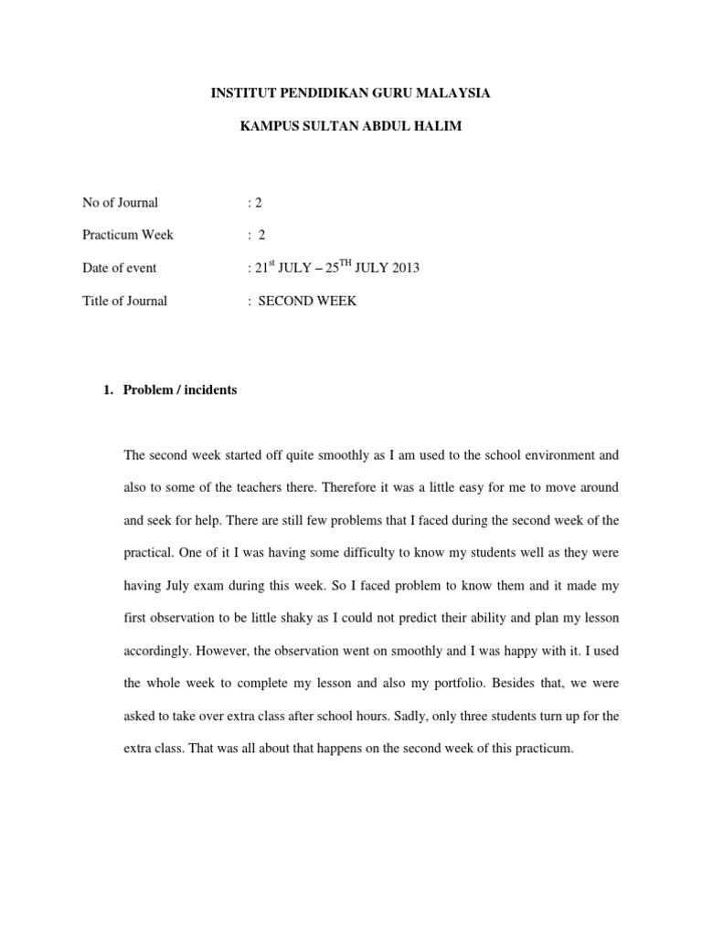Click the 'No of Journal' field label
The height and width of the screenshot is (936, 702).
point(120,202)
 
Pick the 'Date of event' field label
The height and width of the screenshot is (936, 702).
point(119,268)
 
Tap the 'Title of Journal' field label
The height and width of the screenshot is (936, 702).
point(124,301)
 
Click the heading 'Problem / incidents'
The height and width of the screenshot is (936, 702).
point(180,389)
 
